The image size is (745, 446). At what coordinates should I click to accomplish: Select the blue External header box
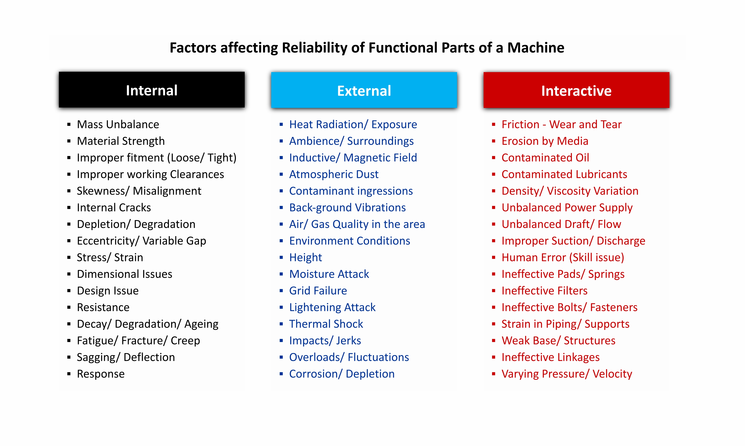pos(364,90)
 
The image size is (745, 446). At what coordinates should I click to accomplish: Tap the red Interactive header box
pos(576,90)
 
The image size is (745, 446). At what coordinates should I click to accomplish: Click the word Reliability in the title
pos(314,48)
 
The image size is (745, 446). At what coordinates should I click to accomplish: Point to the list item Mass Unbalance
pos(118,124)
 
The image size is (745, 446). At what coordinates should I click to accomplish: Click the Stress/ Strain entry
pos(110,257)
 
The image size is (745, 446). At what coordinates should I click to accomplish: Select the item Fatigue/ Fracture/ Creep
pos(138,341)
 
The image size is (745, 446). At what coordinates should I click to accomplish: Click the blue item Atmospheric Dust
pos(334,174)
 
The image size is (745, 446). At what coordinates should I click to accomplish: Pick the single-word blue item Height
pos(305,257)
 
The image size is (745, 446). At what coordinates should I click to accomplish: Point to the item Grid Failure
pos(318,291)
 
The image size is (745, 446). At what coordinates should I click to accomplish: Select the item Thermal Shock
pos(326,324)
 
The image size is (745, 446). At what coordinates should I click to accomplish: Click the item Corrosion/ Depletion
pos(342,374)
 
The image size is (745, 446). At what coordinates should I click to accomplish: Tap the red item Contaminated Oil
pos(545,158)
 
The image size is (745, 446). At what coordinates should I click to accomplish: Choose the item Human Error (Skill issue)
pos(563,257)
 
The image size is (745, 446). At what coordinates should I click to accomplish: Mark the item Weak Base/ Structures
pos(558,341)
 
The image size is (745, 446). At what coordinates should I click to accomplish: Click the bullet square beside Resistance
pos(69,307)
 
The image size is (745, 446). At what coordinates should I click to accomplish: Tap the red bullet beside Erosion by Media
pos(493,141)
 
